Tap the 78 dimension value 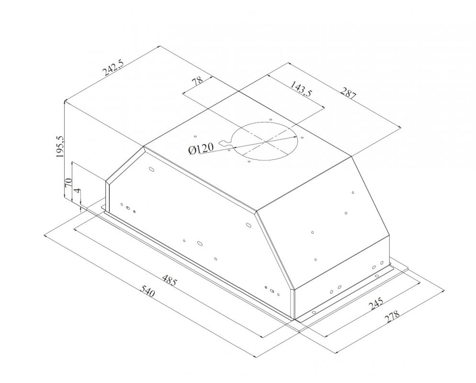pos(197,82)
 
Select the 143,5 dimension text pos(301,88)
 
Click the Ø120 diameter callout pos(201,148)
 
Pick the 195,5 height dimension pos(60,146)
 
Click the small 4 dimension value pos(78,191)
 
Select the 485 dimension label pos(169,280)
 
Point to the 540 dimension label pos(147,291)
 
